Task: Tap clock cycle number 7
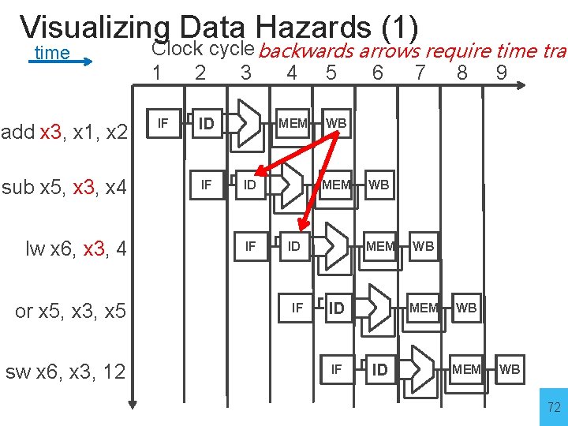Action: click(x=420, y=73)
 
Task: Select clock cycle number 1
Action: click(x=158, y=73)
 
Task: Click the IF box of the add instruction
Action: click(x=163, y=123)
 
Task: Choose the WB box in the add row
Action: click(x=336, y=123)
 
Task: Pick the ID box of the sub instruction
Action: click(x=250, y=185)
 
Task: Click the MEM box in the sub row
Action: click(x=336, y=185)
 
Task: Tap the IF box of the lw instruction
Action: click(x=250, y=246)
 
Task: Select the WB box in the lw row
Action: click(x=423, y=246)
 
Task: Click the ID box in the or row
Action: click(x=337, y=308)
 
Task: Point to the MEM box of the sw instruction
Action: click(x=466, y=368)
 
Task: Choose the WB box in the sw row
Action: click(x=510, y=368)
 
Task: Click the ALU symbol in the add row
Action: click(x=249, y=123)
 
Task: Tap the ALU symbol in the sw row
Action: click(x=423, y=368)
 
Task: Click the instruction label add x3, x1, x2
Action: click(x=65, y=133)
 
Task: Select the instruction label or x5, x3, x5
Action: click(x=70, y=312)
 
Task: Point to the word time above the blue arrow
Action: click(x=53, y=53)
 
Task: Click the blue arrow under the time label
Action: click(x=65, y=68)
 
